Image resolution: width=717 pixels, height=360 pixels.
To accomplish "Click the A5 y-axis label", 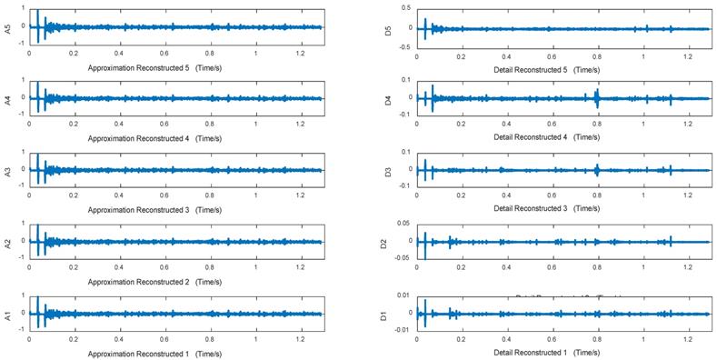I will pos(7,27).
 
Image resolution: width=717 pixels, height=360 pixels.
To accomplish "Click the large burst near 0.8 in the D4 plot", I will pos(597,97).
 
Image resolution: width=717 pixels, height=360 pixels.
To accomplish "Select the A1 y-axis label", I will pos(7,312).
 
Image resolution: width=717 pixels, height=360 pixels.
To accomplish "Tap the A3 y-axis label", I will pos(7,170).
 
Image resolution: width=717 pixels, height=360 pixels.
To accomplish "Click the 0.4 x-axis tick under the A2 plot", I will pos(120,267).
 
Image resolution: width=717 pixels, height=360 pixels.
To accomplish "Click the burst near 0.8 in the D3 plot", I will pos(597,169).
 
